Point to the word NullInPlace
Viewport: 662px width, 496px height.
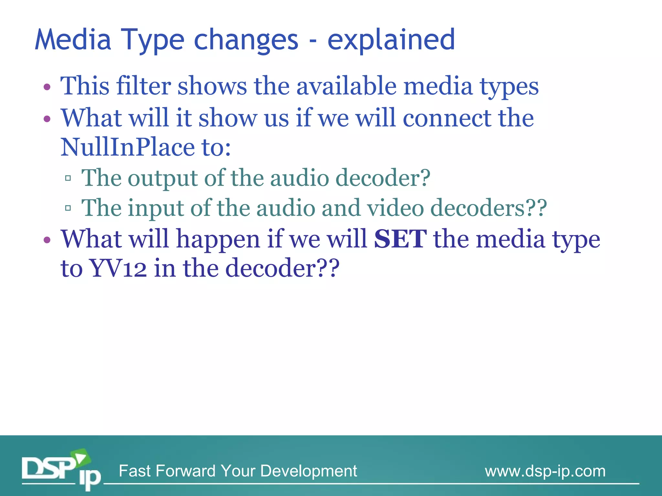pyautogui.click(x=127, y=147)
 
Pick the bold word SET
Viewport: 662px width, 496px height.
pyautogui.click(x=400, y=239)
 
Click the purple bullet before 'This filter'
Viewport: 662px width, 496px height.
pyautogui.click(x=47, y=87)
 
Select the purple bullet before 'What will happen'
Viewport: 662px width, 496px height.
pyautogui.click(x=47, y=240)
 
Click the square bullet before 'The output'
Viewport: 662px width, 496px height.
pyautogui.click(x=68, y=178)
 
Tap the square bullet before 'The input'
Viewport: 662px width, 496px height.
pyautogui.click(x=68, y=208)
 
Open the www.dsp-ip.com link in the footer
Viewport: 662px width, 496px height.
pyautogui.click(x=545, y=471)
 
